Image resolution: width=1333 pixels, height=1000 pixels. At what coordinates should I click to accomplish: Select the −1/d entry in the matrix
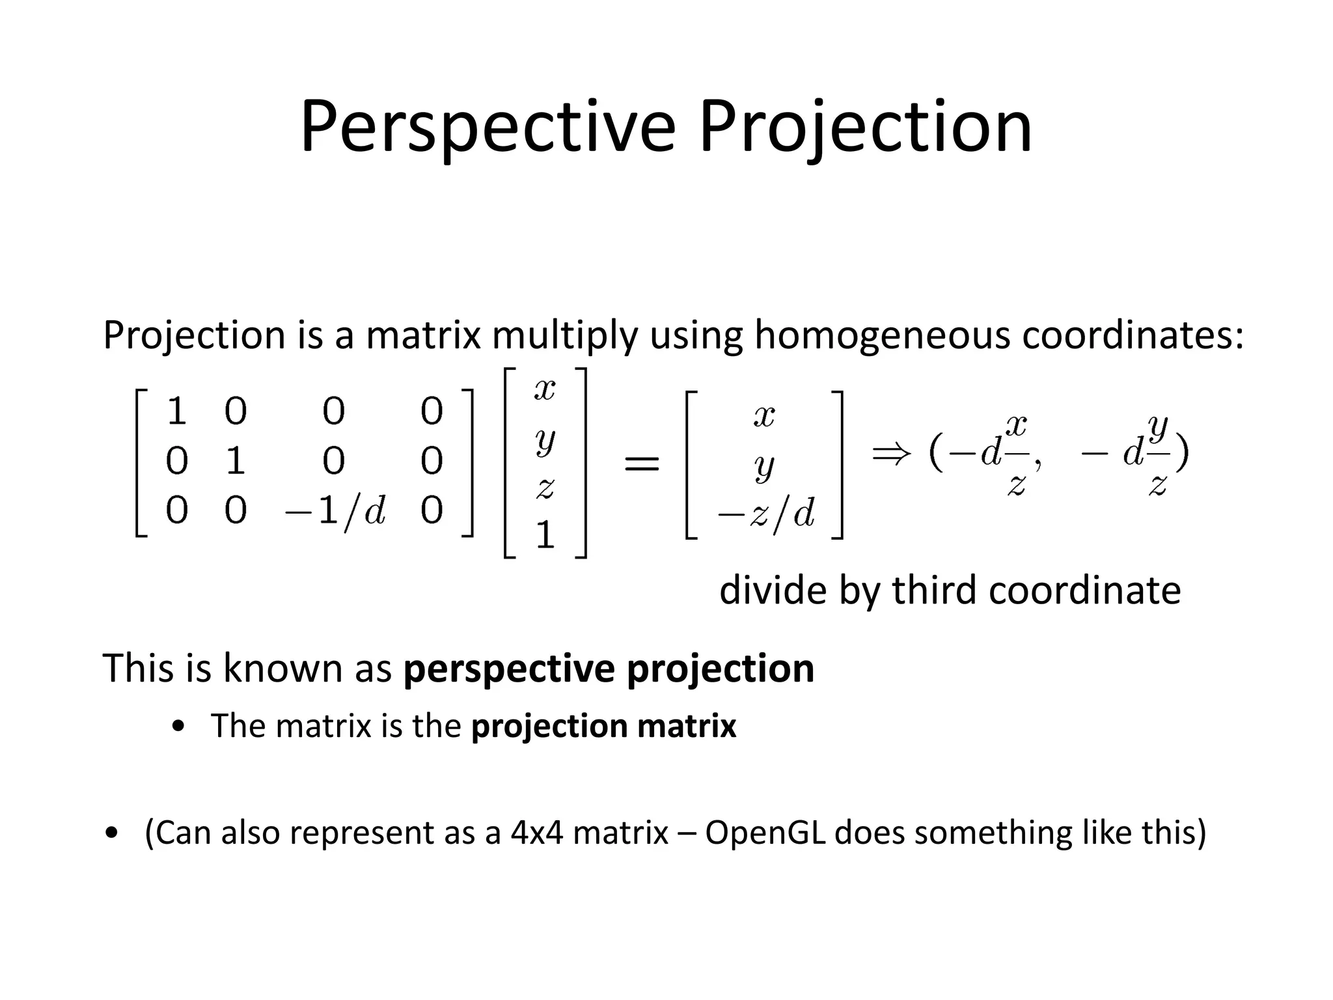pos(335,511)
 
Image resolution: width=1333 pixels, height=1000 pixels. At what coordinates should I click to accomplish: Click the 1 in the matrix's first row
pos(176,411)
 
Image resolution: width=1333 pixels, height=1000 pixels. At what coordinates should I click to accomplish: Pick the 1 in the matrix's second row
pos(235,461)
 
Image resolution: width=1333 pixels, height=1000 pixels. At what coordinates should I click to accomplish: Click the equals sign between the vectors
pos(642,464)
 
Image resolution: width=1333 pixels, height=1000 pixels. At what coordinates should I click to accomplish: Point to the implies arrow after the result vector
pos(891,453)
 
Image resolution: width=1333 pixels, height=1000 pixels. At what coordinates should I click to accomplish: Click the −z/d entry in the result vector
pos(765,514)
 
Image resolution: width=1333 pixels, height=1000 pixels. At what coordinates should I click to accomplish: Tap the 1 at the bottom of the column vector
pos(545,536)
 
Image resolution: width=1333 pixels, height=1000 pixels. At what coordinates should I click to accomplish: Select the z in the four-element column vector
pos(545,487)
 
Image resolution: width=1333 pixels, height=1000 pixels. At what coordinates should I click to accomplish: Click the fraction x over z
pos(1016,454)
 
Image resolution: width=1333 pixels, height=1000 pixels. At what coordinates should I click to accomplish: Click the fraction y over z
pos(1157,454)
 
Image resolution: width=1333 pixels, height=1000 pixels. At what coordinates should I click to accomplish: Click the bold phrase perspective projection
pos(609,669)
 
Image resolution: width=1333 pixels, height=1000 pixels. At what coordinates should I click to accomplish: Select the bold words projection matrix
pos(603,726)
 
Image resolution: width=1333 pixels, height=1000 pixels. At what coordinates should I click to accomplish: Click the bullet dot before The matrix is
pos(178,727)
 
